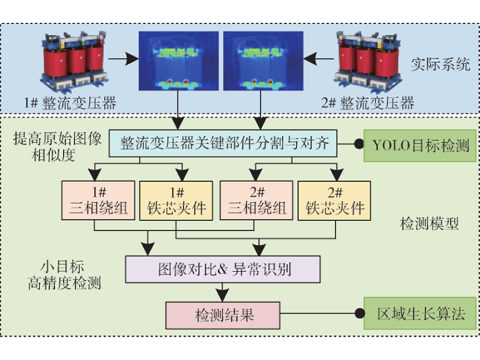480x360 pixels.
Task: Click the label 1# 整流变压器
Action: (x=71, y=103)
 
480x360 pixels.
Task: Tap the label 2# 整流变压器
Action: (x=368, y=103)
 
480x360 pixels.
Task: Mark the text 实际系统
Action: (x=440, y=65)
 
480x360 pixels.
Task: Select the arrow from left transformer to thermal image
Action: (x=123, y=59)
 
